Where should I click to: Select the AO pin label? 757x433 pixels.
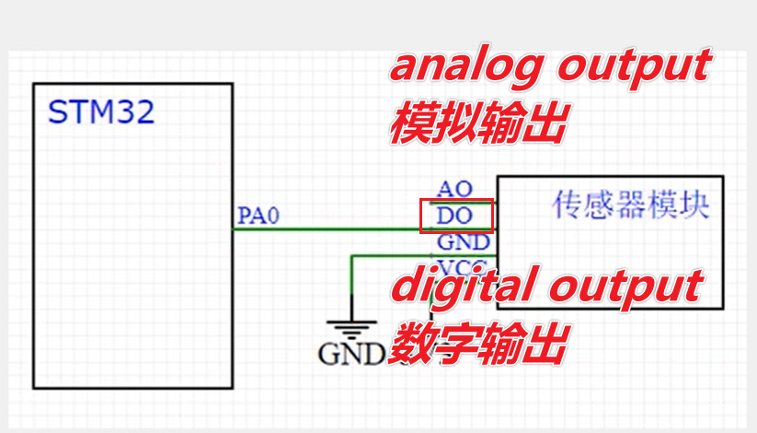(x=454, y=189)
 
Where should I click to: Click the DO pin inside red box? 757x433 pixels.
(x=455, y=217)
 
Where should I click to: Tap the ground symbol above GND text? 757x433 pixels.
(x=351, y=327)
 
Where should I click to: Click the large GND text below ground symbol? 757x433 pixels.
(x=350, y=354)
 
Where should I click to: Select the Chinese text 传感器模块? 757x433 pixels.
(x=631, y=205)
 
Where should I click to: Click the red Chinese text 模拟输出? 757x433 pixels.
(x=476, y=123)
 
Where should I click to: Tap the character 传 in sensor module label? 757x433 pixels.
(x=566, y=205)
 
